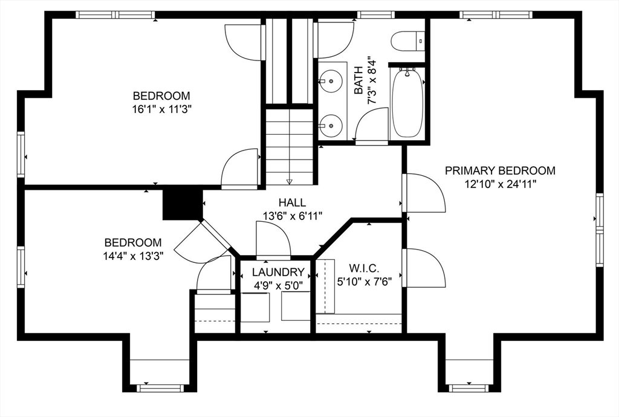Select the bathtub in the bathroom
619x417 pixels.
pyautogui.click(x=407, y=103)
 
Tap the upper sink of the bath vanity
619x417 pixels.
pyautogui.click(x=331, y=80)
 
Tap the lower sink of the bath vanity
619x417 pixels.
pyautogui.click(x=331, y=126)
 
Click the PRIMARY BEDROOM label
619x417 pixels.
pyautogui.click(x=500, y=171)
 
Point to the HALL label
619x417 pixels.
pyautogui.click(x=292, y=203)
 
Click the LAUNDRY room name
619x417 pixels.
pyautogui.click(x=278, y=272)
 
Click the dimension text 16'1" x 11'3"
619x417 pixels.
pyautogui.click(x=161, y=109)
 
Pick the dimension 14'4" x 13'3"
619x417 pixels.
pyautogui.click(x=134, y=256)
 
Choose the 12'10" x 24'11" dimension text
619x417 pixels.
pyautogui.click(x=500, y=184)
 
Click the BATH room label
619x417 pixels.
pyautogui.click(x=358, y=80)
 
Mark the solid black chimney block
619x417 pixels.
pyautogui.click(x=183, y=204)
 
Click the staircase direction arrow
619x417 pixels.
pyautogui.click(x=290, y=181)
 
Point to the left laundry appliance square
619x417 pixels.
pyautogui.click(x=256, y=307)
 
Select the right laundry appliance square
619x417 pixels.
pyautogui.click(x=296, y=307)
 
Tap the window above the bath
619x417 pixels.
pyautogui.click(x=375, y=15)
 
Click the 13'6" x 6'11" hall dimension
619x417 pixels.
pyautogui.click(x=293, y=216)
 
